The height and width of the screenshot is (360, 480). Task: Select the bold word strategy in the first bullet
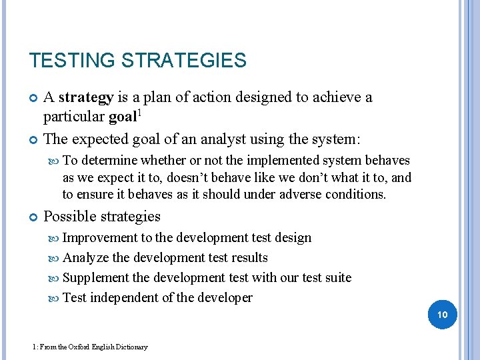tap(86, 98)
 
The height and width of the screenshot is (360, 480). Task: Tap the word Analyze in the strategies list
tap(86, 258)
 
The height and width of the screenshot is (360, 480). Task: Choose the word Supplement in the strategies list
tap(95, 277)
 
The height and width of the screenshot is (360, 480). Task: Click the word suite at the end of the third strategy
tap(337, 277)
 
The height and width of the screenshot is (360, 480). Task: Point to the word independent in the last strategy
tap(123, 298)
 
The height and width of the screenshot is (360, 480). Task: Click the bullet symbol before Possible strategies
tap(33, 217)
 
